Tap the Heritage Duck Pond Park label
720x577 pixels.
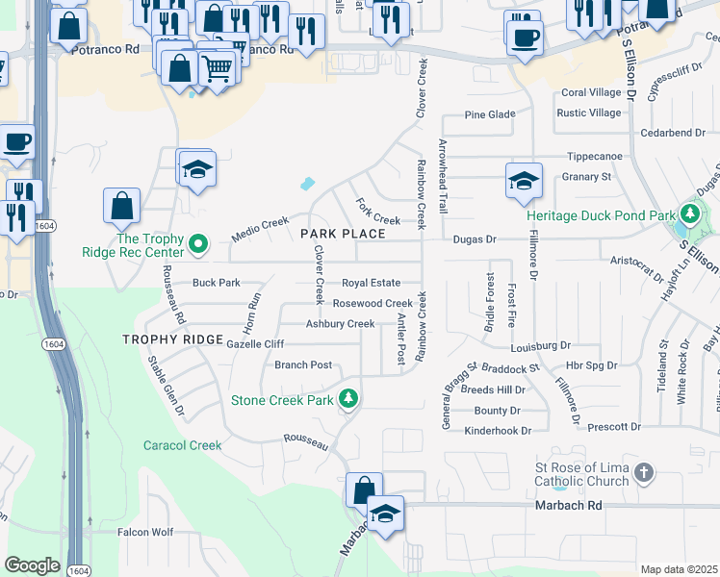coord(601,215)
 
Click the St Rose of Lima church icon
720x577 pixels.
coord(644,472)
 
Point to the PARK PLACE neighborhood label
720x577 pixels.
coord(343,234)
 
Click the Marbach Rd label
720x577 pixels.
coord(567,505)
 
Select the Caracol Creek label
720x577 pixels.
coord(182,445)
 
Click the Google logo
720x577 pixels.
coord(32,565)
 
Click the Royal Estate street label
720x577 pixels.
coord(371,283)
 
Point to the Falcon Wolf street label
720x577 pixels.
coord(144,532)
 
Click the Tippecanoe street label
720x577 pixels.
coord(594,156)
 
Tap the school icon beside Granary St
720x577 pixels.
coord(525,181)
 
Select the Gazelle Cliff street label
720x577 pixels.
coord(255,344)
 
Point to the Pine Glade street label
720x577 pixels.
coord(490,114)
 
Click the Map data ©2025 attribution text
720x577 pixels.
coord(679,570)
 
